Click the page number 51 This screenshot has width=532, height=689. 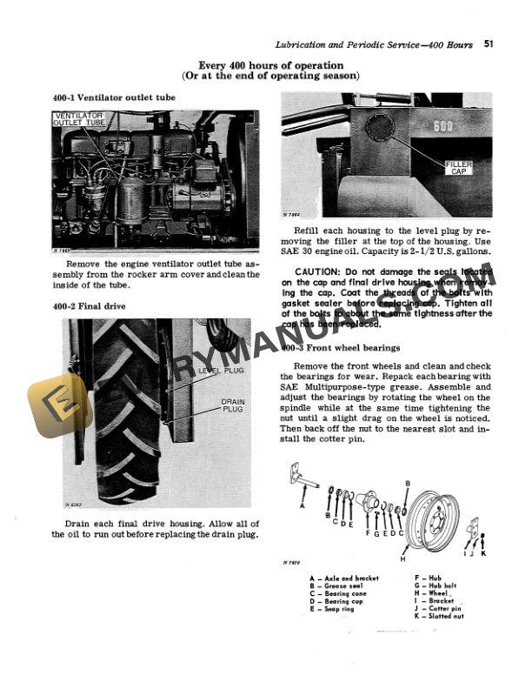coord(490,43)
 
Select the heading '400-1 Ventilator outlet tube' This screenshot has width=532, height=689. coord(114,98)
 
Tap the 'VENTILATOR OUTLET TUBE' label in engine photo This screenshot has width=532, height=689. coord(79,120)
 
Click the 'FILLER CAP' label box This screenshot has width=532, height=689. coord(458,168)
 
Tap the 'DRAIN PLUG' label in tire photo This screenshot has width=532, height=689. coord(232,405)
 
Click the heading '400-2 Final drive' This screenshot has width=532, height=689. coord(90,306)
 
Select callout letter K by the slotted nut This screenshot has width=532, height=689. coord(484,553)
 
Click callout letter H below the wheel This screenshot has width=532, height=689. coord(402,559)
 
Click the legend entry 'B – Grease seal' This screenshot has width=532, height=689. coord(339,585)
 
